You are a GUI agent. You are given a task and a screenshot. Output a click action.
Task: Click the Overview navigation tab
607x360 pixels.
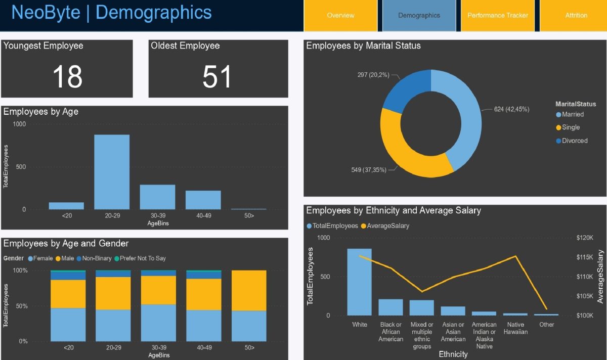tap(340, 15)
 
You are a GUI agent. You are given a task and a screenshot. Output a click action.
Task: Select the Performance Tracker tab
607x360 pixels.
tap(498, 15)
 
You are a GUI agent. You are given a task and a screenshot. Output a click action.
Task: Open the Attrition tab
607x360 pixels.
tap(576, 15)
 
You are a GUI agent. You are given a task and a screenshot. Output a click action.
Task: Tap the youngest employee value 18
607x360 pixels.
tap(67, 77)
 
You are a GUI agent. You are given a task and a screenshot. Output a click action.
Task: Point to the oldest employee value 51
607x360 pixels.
tap(217, 77)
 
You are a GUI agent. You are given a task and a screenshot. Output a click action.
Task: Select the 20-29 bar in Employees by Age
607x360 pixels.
tap(112, 172)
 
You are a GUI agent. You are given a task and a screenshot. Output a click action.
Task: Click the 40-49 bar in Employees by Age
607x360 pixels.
tap(203, 200)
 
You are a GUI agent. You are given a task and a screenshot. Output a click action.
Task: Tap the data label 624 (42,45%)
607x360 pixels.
tap(511, 109)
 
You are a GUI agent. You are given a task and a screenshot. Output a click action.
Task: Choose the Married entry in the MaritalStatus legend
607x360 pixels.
tap(572, 114)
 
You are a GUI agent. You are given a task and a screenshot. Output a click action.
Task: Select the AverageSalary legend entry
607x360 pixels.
tap(384, 226)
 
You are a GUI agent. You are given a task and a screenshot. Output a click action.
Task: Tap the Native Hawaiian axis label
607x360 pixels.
tap(515, 328)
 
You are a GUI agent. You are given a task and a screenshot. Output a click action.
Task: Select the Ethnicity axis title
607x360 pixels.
tap(453, 354)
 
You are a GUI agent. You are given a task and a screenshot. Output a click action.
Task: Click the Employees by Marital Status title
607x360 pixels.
tap(363, 46)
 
